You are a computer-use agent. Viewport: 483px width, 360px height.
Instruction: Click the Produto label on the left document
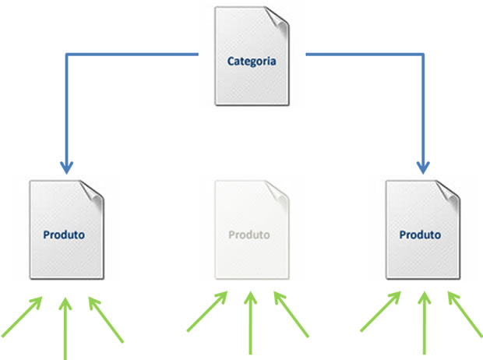(x=64, y=234)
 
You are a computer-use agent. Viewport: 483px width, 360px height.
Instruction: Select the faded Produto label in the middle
(x=249, y=235)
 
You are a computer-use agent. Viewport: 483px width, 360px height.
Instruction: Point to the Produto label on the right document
(x=420, y=234)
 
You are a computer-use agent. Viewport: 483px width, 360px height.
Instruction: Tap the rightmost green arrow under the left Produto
(x=105, y=318)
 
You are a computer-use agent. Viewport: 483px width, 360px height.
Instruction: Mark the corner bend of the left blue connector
(x=66, y=55)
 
